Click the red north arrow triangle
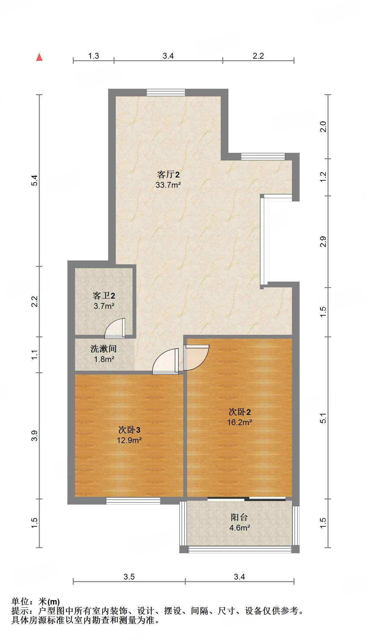click(x=39, y=57)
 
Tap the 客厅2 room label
click(x=168, y=174)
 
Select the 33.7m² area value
click(x=168, y=185)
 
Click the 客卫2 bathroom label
click(x=104, y=295)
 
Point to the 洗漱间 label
click(x=103, y=349)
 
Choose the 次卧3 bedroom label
click(x=129, y=430)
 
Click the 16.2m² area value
click(x=239, y=422)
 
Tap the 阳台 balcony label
click(x=239, y=517)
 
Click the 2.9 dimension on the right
click(x=323, y=242)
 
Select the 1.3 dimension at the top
click(x=93, y=56)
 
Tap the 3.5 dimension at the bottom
click(x=129, y=577)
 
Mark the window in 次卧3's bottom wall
click(x=133, y=501)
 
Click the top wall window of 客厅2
click(x=166, y=93)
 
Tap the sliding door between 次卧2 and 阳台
click(x=246, y=499)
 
